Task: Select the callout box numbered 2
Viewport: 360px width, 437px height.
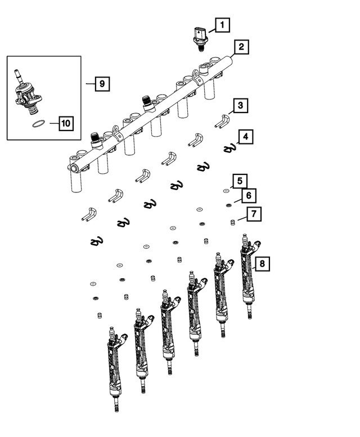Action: click(240, 47)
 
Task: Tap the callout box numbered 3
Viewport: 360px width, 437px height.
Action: click(240, 105)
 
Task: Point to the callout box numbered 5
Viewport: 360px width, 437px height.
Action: click(240, 181)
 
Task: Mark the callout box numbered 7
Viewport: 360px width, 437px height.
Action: click(254, 214)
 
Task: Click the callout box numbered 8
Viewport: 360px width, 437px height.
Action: click(261, 263)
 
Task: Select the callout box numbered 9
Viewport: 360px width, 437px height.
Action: click(101, 84)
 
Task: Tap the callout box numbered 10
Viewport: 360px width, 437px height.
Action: click(66, 123)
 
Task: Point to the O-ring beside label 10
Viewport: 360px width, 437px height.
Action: click(38, 123)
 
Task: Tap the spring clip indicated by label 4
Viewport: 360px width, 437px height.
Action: click(228, 148)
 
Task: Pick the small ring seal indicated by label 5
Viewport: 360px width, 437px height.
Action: click(226, 191)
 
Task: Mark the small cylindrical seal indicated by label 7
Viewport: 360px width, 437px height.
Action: click(232, 223)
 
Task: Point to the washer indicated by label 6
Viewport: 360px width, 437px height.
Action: click(229, 205)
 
